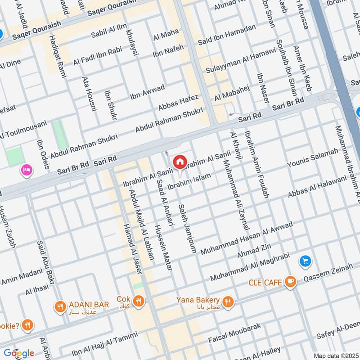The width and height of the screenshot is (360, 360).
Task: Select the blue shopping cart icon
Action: point(305,261)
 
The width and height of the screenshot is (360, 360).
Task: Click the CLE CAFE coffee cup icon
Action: point(291,282)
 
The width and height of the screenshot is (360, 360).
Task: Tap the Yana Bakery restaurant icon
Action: point(228,302)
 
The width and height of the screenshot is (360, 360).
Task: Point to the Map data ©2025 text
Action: point(335,355)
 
